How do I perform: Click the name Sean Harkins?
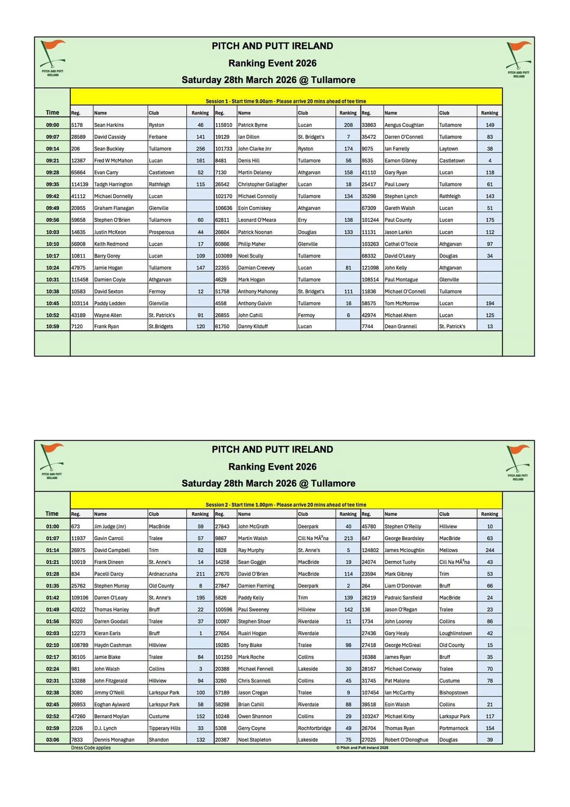(109, 125)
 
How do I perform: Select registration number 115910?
(224, 125)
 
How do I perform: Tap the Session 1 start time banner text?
(286, 101)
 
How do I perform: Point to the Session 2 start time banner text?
(286, 504)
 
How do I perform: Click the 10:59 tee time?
(52, 326)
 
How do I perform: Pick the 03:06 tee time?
(52, 740)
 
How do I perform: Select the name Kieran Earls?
(107, 633)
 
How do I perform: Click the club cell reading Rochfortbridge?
(315, 728)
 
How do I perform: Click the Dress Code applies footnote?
(91, 748)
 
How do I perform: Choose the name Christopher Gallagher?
(262, 184)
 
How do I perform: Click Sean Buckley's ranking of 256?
(201, 149)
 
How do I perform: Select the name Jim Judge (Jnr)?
(110, 527)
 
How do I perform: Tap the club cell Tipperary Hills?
(164, 728)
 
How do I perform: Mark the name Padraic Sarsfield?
(403, 598)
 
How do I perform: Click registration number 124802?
(370, 550)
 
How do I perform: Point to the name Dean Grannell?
(401, 326)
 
